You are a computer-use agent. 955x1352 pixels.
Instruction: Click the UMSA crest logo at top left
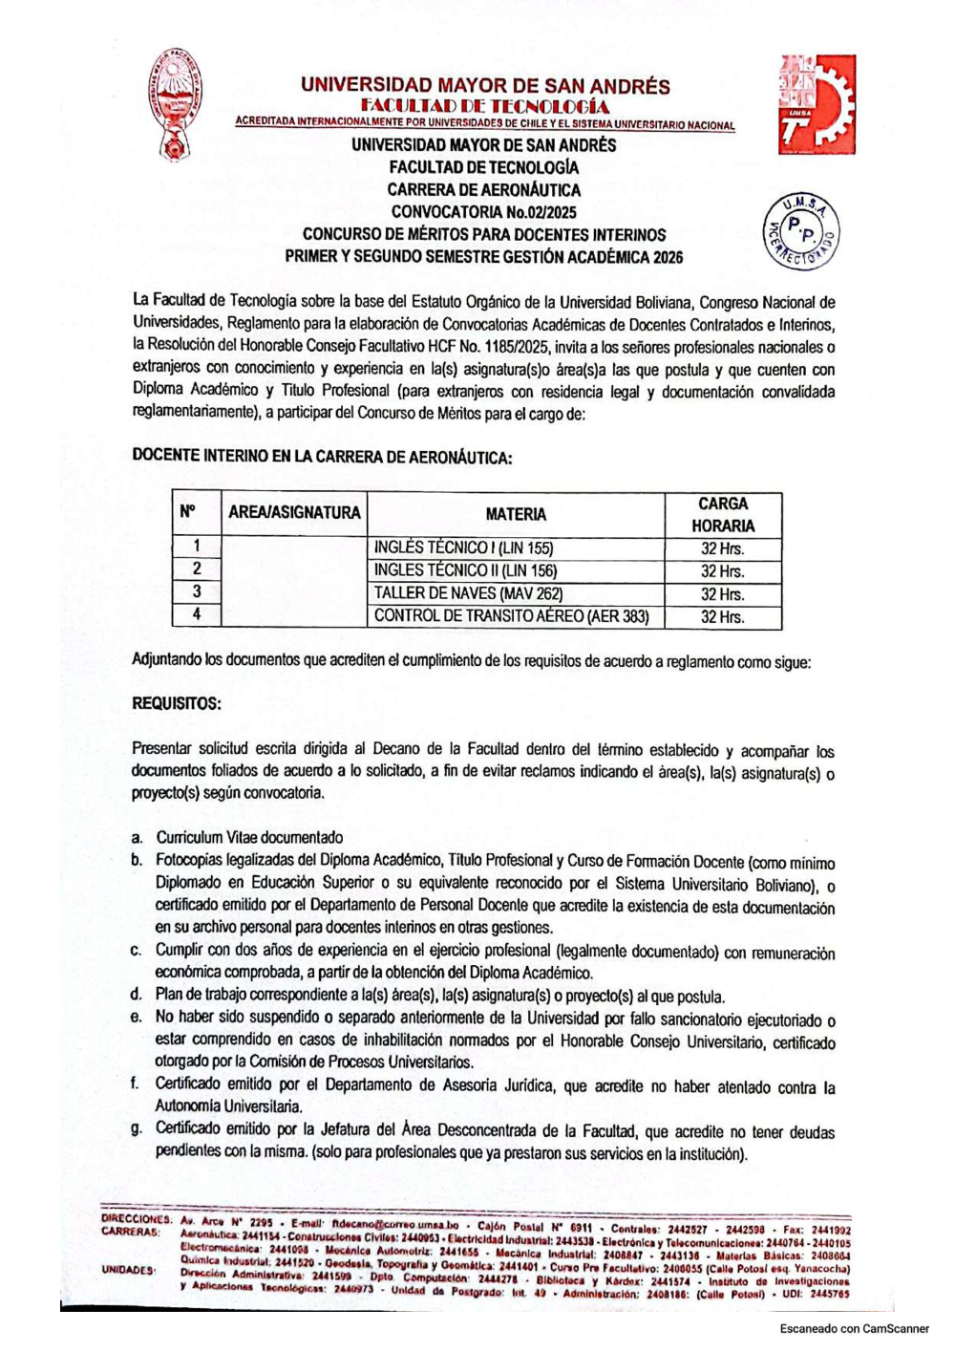(176, 104)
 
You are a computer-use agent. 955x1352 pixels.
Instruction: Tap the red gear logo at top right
(817, 104)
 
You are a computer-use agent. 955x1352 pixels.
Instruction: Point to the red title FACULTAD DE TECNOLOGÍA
(484, 106)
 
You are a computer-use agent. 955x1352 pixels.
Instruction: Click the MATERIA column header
(516, 514)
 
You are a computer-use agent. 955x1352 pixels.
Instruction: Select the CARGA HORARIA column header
(723, 514)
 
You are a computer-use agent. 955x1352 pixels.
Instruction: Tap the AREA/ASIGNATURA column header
(294, 513)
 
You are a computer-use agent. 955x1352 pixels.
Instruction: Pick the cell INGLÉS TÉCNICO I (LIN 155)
(463, 548)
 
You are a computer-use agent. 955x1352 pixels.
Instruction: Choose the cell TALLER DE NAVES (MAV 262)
(468, 593)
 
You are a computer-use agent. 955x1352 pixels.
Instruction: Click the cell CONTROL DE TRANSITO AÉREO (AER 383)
(511, 616)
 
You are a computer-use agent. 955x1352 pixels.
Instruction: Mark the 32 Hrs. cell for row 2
(722, 571)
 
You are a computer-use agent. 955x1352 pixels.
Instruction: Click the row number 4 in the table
(197, 615)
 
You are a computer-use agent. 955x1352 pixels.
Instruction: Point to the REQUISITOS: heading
(177, 704)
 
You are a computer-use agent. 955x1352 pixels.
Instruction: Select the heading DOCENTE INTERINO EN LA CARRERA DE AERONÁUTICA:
(322, 457)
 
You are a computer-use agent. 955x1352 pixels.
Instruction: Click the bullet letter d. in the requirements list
(137, 995)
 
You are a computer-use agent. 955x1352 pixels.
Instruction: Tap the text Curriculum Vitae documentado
(249, 837)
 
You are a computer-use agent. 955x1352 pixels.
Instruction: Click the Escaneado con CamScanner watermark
(854, 1329)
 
